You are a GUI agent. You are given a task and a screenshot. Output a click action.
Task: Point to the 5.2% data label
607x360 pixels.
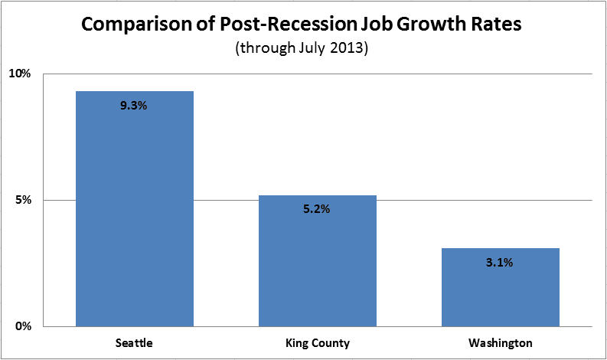pyautogui.click(x=316, y=209)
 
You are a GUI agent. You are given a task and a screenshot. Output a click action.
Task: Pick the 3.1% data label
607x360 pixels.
pyautogui.click(x=499, y=263)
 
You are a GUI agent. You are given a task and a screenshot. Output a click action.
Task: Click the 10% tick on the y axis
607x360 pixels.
pyautogui.click(x=19, y=74)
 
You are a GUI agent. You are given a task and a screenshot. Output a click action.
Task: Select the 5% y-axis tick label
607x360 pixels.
pyautogui.click(x=22, y=201)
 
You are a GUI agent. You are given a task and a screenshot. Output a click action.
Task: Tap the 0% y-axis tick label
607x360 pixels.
pyautogui.click(x=22, y=326)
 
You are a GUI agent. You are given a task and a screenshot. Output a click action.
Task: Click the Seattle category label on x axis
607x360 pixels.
pyautogui.click(x=134, y=343)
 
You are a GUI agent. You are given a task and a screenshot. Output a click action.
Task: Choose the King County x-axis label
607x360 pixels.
pyautogui.click(x=317, y=343)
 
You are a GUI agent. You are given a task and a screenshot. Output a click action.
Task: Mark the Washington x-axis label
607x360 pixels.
pyautogui.click(x=500, y=343)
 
